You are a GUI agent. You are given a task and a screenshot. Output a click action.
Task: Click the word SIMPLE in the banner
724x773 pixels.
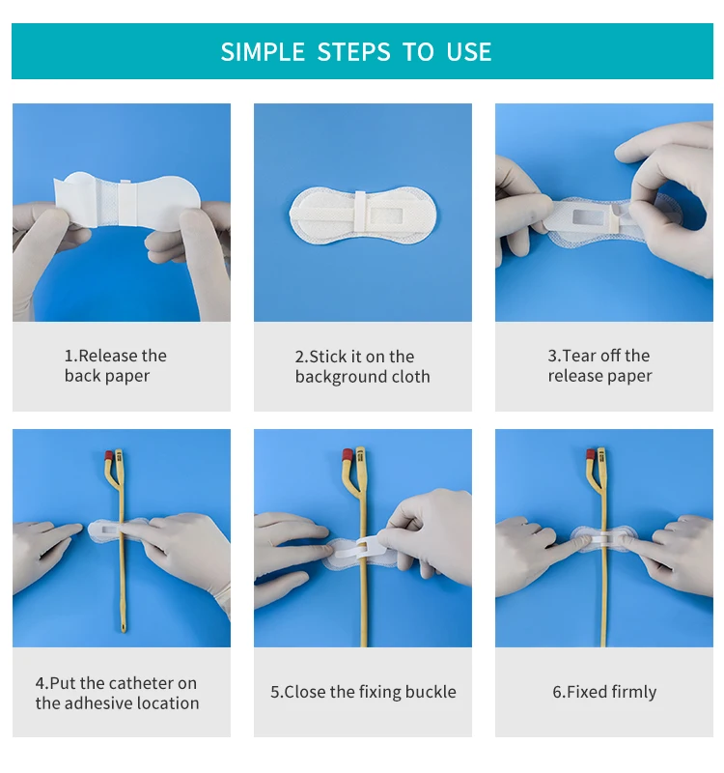click(263, 52)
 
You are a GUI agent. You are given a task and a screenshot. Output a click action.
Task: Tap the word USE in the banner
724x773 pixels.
click(469, 52)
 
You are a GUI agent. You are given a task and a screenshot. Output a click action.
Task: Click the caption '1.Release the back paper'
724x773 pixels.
click(115, 365)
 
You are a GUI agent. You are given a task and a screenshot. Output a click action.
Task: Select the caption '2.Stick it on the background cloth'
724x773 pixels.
click(363, 366)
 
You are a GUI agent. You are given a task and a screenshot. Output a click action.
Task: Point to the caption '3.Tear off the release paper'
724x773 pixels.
click(599, 365)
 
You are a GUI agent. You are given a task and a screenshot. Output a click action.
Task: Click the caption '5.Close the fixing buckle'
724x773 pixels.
click(363, 692)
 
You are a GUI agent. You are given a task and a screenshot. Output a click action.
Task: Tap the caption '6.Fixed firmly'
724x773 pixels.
click(604, 692)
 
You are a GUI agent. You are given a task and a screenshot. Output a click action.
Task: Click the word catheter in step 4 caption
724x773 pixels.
click(141, 683)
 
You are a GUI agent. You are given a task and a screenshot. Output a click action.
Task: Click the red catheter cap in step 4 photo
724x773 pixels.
click(109, 454)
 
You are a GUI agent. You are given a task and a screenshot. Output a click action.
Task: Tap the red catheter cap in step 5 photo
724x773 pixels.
click(348, 454)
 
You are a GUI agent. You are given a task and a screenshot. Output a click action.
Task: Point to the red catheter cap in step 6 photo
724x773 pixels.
click(591, 453)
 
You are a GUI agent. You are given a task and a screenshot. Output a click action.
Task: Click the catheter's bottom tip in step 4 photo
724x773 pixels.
click(124, 630)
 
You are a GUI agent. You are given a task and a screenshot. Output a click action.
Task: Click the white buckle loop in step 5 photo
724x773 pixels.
click(361, 548)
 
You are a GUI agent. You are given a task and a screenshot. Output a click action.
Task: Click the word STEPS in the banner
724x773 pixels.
click(353, 52)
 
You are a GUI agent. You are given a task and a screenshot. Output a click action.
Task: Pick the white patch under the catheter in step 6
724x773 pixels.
click(604, 538)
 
